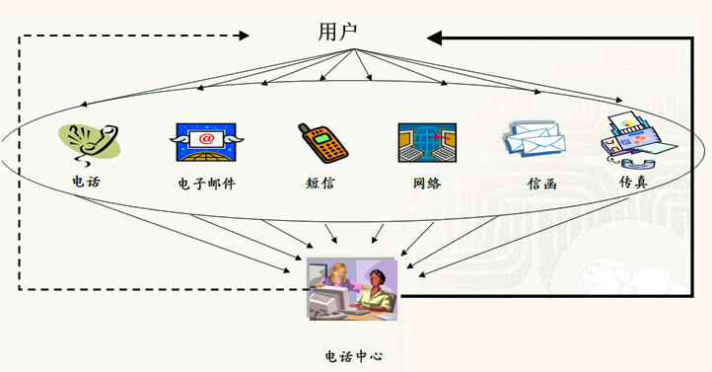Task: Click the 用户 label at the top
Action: click(337, 32)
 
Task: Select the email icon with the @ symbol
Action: click(206, 142)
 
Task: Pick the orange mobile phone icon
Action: click(323, 144)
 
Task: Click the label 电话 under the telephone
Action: click(86, 183)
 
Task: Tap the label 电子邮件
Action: click(207, 185)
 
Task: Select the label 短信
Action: click(320, 184)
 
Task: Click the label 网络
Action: click(427, 184)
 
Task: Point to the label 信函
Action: click(541, 185)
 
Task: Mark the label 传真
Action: click(633, 184)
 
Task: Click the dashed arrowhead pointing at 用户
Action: click(244, 37)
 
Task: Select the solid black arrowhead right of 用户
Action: click(435, 37)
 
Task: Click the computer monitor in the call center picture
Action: click(324, 301)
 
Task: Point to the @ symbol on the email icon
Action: click(206, 138)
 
